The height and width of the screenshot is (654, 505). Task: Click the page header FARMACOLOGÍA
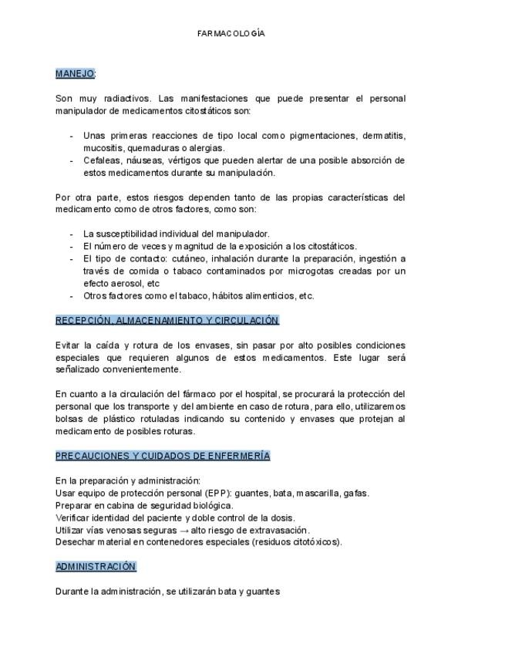pyautogui.click(x=231, y=34)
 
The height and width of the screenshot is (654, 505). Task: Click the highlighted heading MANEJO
pyautogui.click(x=74, y=73)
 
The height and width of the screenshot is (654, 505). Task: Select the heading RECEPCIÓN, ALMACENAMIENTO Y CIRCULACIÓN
pyautogui.click(x=167, y=320)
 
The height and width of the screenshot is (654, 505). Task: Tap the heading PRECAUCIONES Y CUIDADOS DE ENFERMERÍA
pyautogui.click(x=162, y=456)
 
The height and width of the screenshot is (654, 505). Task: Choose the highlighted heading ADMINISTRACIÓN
pyautogui.click(x=96, y=566)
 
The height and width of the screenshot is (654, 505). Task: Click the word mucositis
pyautogui.click(x=103, y=148)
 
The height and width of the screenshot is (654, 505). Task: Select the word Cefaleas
pyautogui.click(x=102, y=160)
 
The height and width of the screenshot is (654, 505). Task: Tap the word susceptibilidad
pyautogui.click(x=128, y=234)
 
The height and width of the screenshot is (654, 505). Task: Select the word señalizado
pyautogui.click(x=79, y=369)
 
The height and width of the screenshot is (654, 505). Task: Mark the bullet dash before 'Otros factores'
pyautogui.click(x=72, y=295)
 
